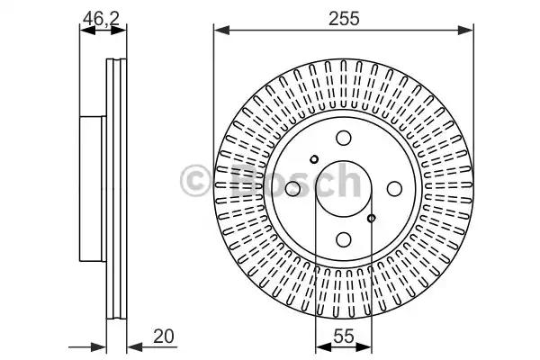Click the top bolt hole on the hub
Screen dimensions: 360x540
[344, 139]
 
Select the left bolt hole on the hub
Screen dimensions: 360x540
[293, 189]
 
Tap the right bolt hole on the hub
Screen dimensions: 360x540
[394, 189]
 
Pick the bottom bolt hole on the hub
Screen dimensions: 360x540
[344, 239]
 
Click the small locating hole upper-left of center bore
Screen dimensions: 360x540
[314, 160]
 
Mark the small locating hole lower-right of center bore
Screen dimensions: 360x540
[373, 218]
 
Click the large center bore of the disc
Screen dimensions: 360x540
[344, 189]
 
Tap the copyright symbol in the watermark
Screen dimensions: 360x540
[195, 180]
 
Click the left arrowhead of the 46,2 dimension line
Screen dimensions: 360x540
[85, 31]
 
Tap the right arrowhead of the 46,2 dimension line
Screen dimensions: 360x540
[122, 31]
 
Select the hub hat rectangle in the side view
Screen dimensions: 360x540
[93, 189]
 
